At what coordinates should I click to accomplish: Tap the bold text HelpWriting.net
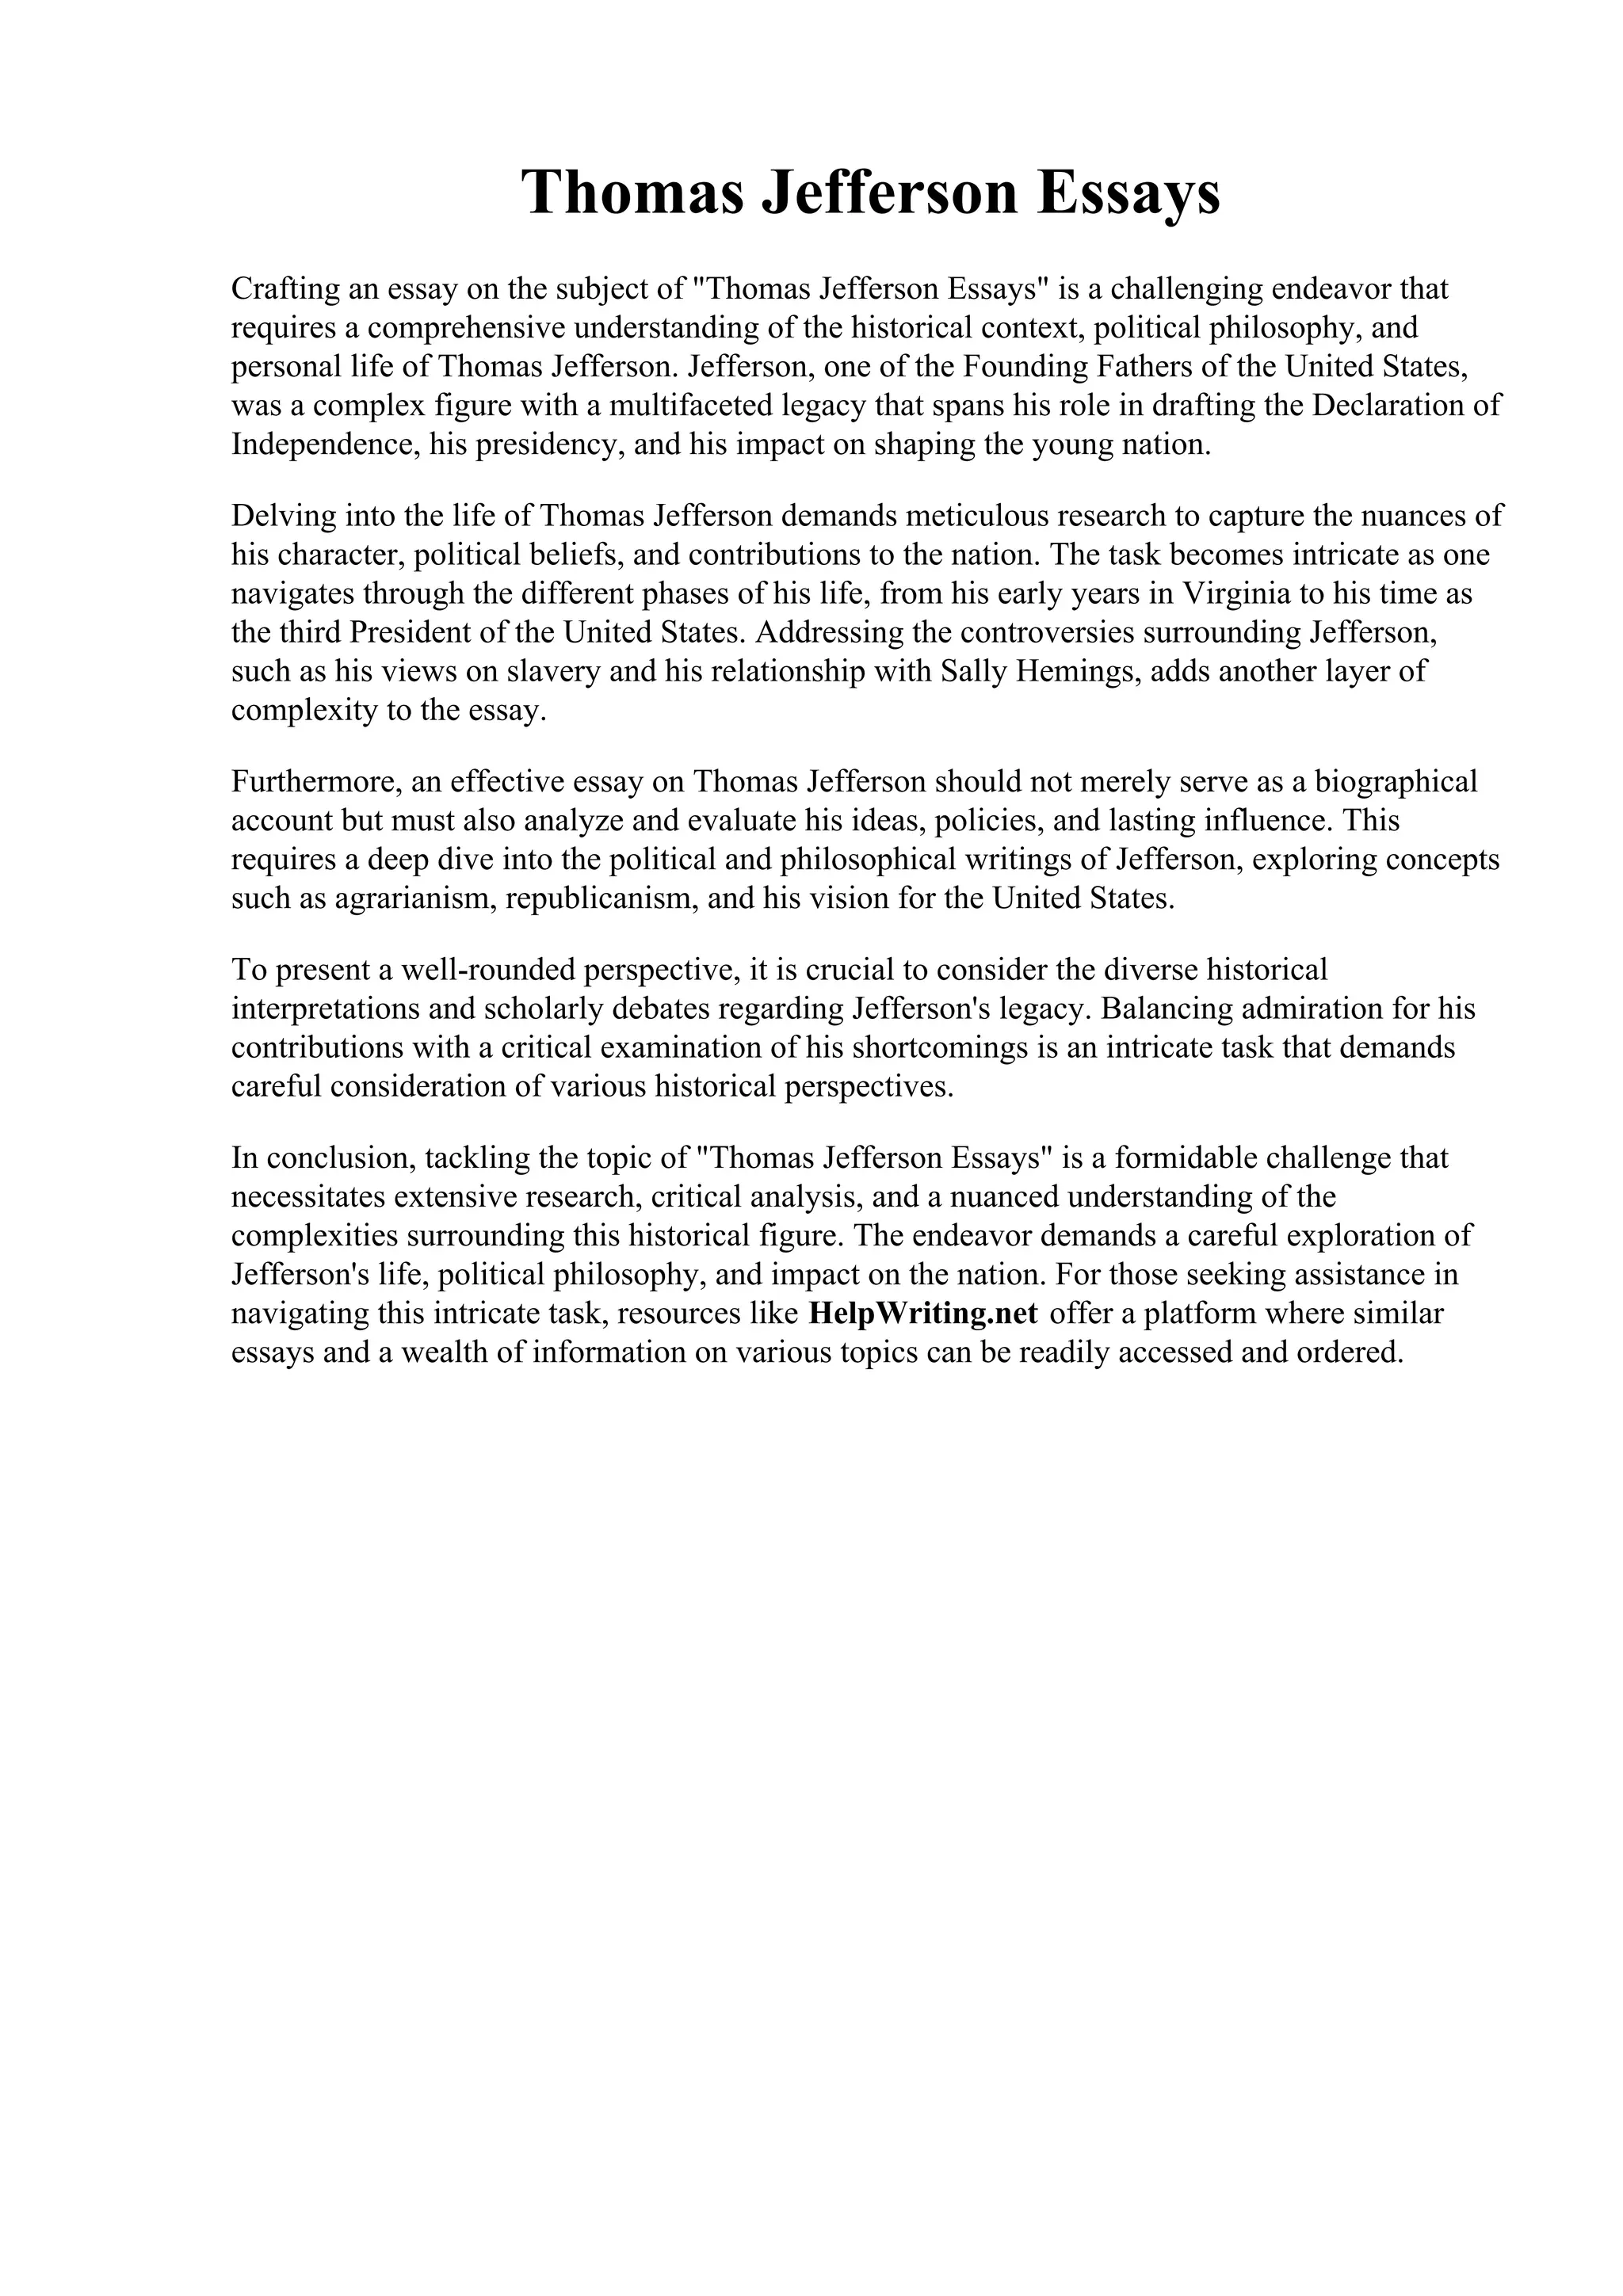(x=922, y=1313)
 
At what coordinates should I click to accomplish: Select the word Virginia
(x=1236, y=594)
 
